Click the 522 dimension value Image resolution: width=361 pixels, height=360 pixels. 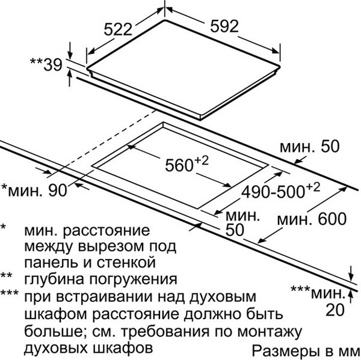118,29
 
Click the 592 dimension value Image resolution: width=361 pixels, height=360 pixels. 224,26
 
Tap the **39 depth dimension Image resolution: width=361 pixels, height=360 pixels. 46,64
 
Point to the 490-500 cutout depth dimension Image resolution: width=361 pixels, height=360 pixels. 280,191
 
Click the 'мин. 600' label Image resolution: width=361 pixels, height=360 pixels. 312,219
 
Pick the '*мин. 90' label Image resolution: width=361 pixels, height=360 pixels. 34,191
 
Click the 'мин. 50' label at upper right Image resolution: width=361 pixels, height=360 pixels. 310,146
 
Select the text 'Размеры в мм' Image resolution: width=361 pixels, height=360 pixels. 306,351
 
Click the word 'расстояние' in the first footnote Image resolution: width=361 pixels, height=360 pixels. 106,231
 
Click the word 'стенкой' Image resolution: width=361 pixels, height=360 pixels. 126,263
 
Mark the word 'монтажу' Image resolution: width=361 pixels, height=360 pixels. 270,332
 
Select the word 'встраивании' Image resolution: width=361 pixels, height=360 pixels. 104,297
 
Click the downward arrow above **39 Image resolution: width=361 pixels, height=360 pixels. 70,50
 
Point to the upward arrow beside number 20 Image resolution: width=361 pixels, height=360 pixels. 351,296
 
